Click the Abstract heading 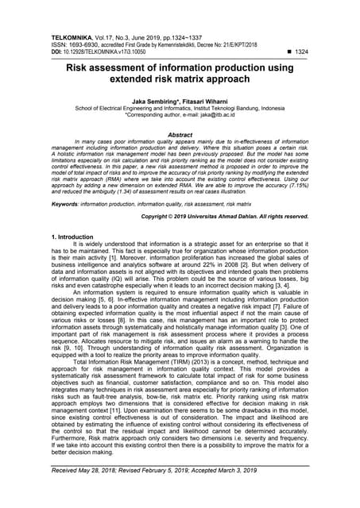180,135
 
